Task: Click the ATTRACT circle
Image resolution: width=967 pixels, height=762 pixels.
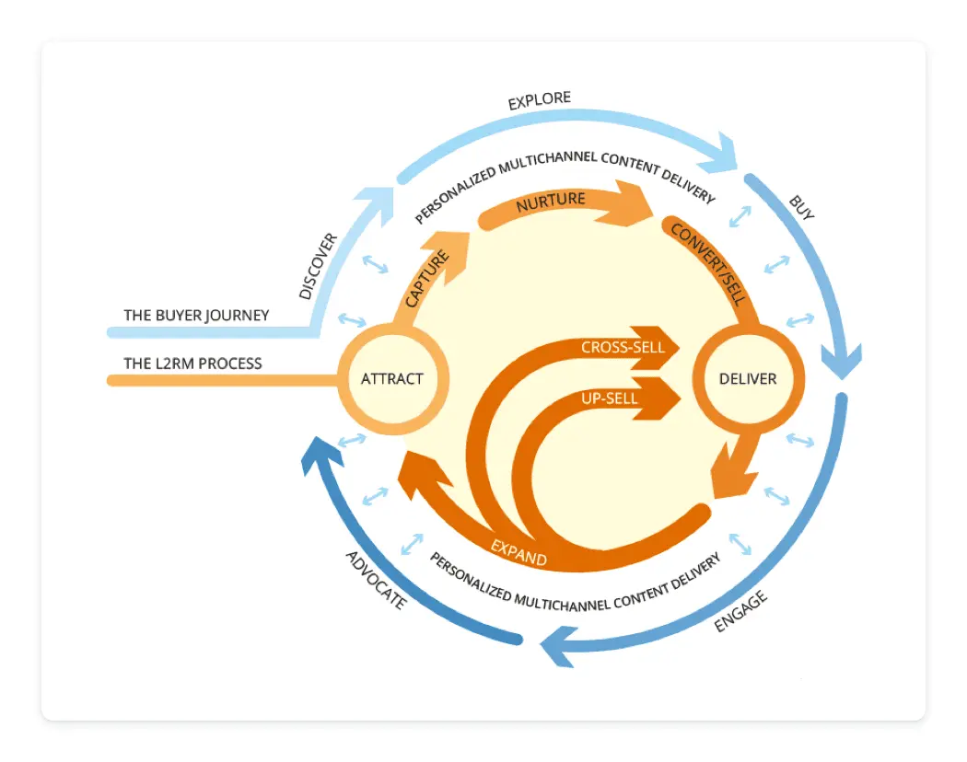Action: click(x=392, y=378)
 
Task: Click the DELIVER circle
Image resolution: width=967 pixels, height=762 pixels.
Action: click(x=747, y=378)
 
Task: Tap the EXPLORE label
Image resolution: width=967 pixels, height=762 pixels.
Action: click(x=540, y=99)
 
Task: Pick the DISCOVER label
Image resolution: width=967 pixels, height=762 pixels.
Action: click(x=319, y=266)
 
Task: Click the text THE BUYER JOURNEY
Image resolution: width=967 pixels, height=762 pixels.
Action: click(x=196, y=316)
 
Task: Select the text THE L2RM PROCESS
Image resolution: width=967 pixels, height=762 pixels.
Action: click(x=192, y=364)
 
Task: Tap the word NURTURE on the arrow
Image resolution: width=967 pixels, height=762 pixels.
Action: click(x=551, y=200)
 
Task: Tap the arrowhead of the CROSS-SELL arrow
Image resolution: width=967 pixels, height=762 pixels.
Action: click(x=665, y=348)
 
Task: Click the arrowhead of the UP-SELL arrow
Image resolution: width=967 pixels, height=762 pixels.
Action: click(x=665, y=398)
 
